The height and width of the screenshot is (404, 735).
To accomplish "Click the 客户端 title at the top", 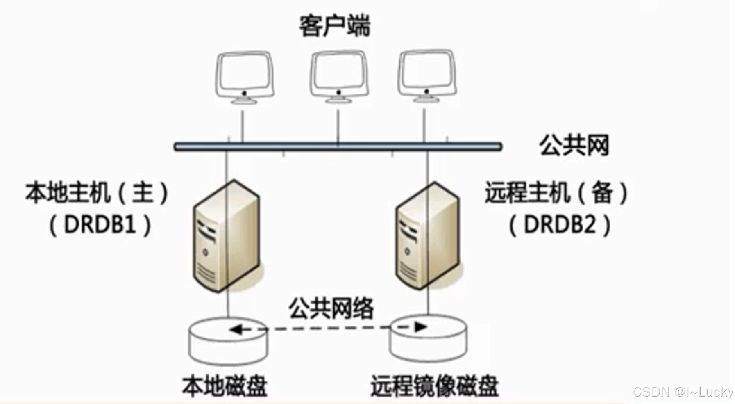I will point(334,27).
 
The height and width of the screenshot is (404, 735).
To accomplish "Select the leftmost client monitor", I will point(245,76).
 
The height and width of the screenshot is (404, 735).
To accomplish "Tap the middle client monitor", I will point(338,76).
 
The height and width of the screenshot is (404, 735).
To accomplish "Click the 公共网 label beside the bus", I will point(574,145).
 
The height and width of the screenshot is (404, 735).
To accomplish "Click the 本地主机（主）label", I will point(97,193).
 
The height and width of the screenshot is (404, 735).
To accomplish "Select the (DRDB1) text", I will point(100,225).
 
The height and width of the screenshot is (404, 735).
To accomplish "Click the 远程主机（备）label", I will point(556,193).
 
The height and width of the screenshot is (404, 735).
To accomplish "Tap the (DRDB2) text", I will point(560,225).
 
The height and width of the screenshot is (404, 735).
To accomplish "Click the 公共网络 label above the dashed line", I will point(331,308).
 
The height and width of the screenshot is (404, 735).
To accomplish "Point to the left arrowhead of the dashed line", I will point(236,329).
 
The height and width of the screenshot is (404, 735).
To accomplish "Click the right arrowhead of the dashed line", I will point(421,327).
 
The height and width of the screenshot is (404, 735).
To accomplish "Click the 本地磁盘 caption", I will point(225,386).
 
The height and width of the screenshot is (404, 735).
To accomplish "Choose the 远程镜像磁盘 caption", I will point(434,386).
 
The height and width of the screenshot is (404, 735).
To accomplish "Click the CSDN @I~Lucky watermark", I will point(683,392).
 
